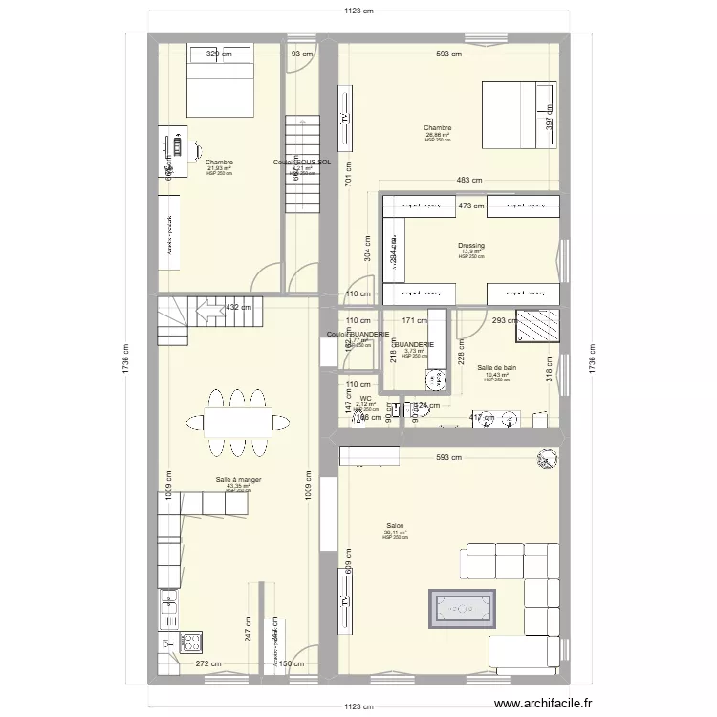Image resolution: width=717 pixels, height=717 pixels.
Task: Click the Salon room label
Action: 395,526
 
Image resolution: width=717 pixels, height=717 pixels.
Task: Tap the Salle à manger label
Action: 238,480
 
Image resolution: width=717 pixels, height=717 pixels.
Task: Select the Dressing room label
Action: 471,246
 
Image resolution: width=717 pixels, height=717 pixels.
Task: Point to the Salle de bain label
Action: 497,367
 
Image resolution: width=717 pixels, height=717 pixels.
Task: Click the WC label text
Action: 365,399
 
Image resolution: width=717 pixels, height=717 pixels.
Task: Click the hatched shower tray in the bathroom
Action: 536,326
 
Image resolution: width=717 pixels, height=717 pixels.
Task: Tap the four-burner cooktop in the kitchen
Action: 189,642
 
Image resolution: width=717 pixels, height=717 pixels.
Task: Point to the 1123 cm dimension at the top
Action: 359,11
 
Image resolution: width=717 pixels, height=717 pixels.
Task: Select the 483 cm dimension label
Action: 468,181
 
